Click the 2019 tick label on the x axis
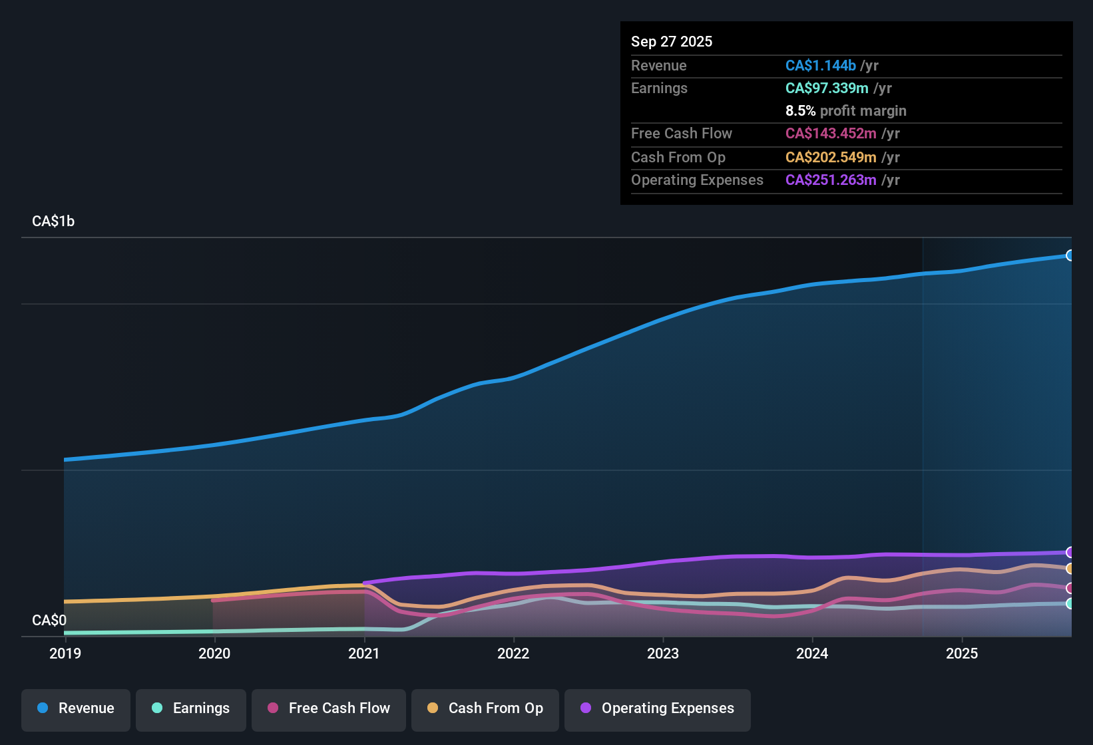(65, 653)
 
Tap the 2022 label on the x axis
(513, 653)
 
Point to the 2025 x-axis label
(962, 653)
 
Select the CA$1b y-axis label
(53, 222)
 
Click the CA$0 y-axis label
(49, 620)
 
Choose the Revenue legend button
(76, 708)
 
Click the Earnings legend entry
(191, 708)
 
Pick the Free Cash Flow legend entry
(329, 708)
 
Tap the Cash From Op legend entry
(485, 708)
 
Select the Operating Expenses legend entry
(658, 708)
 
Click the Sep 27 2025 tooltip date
(672, 41)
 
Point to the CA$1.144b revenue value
(820, 65)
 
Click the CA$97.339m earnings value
(827, 88)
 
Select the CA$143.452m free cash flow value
(831, 133)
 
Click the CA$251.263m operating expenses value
(831, 180)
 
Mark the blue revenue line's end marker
(1070, 255)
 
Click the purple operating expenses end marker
(1070, 552)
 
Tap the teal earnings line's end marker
(1070, 603)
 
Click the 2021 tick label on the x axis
(364, 653)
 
